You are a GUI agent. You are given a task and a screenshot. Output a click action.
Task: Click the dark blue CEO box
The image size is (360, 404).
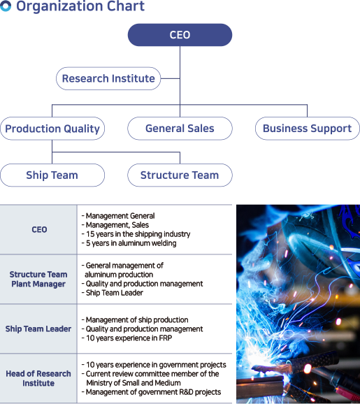pyautogui.click(x=180, y=35)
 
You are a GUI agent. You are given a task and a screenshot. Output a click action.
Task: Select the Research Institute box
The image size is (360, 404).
pyautogui.click(x=108, y=78)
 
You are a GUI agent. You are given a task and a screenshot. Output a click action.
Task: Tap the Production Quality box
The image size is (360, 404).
pyautogui.click(x=52, y=129)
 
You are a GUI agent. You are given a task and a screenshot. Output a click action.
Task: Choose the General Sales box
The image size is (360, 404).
pyautogui.click(x=180, y=129)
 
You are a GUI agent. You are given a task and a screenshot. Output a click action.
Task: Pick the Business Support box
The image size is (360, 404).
pyautogui.click(x=307, y=129)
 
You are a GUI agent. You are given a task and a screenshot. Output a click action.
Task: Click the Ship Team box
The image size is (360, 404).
pyautogui.click(x=52, y=175)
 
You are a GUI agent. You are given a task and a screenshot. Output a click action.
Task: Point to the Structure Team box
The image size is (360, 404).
pyautogui.click(x=180, y=175)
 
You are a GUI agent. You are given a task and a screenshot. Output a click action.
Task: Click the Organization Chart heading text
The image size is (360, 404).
pyautogui.click(x=80, y=6)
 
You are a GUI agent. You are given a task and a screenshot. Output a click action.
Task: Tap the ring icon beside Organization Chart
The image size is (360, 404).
pyautogui.click(x=6, y=6)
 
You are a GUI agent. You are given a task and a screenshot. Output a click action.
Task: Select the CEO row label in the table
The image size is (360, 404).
pyautogui.click(x=39, y=229)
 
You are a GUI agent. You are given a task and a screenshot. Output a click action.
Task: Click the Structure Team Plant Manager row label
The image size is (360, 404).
pyautogui.click(x=38, y=279)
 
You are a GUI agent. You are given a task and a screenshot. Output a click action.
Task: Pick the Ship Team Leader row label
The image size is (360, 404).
pyautogui.click(x=38, y=329)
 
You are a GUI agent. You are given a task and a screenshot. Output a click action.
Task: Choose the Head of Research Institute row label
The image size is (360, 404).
pyautogui.click(x=38, y=378)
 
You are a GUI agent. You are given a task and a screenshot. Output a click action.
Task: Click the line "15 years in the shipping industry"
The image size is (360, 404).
pyautogui.click(x=136, y=234)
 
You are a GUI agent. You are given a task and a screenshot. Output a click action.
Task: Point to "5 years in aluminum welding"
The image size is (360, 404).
pyautogui.click(x=129, y=243)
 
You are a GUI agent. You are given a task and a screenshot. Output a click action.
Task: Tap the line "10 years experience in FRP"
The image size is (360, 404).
pyautogui.click(x=127, y=338)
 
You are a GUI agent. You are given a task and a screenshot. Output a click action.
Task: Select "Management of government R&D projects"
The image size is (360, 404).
pyautogui.click(x=151, y=392)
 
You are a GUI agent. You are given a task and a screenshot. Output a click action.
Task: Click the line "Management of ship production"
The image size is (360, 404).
pyautogui.click(x=135, y=320)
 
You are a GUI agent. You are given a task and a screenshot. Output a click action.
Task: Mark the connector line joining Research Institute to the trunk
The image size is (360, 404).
pyautogui.click(x=170, y=78)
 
